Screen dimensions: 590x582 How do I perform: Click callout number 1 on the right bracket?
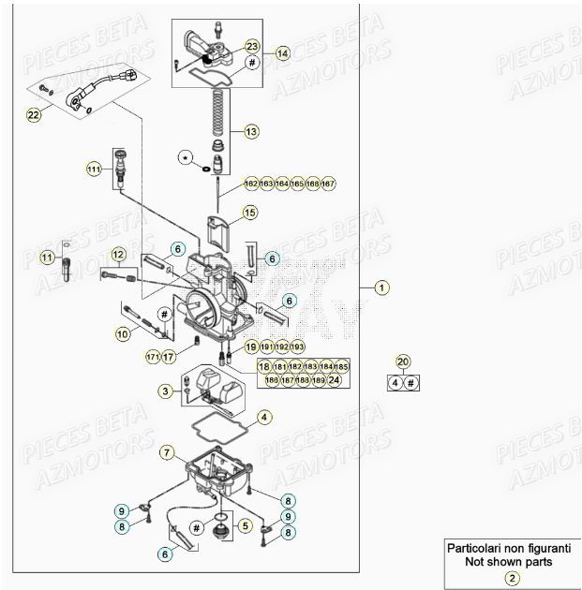click(381, 288)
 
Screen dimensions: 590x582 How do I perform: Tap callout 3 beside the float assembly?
click(164, 391)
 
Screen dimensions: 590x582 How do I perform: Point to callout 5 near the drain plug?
click(246, 527)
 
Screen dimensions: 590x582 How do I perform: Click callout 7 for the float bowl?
click(167, 453)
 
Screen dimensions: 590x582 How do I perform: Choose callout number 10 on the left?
click(123, 332)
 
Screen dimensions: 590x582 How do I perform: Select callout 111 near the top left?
click(93, 170)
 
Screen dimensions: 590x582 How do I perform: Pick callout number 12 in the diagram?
click(117, 255)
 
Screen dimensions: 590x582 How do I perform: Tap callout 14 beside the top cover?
click(282, 53)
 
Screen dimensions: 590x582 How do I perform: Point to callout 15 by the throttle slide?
click(249, 214)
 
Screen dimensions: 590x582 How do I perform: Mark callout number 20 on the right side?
click(403, 361)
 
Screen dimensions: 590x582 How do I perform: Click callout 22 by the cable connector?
click(35, 115)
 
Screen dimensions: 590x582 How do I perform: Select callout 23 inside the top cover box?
click(251, 46)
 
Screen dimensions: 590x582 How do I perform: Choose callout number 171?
click(152, 357)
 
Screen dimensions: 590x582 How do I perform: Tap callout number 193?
click(298, 347)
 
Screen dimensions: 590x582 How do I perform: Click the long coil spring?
click(217, 117)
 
